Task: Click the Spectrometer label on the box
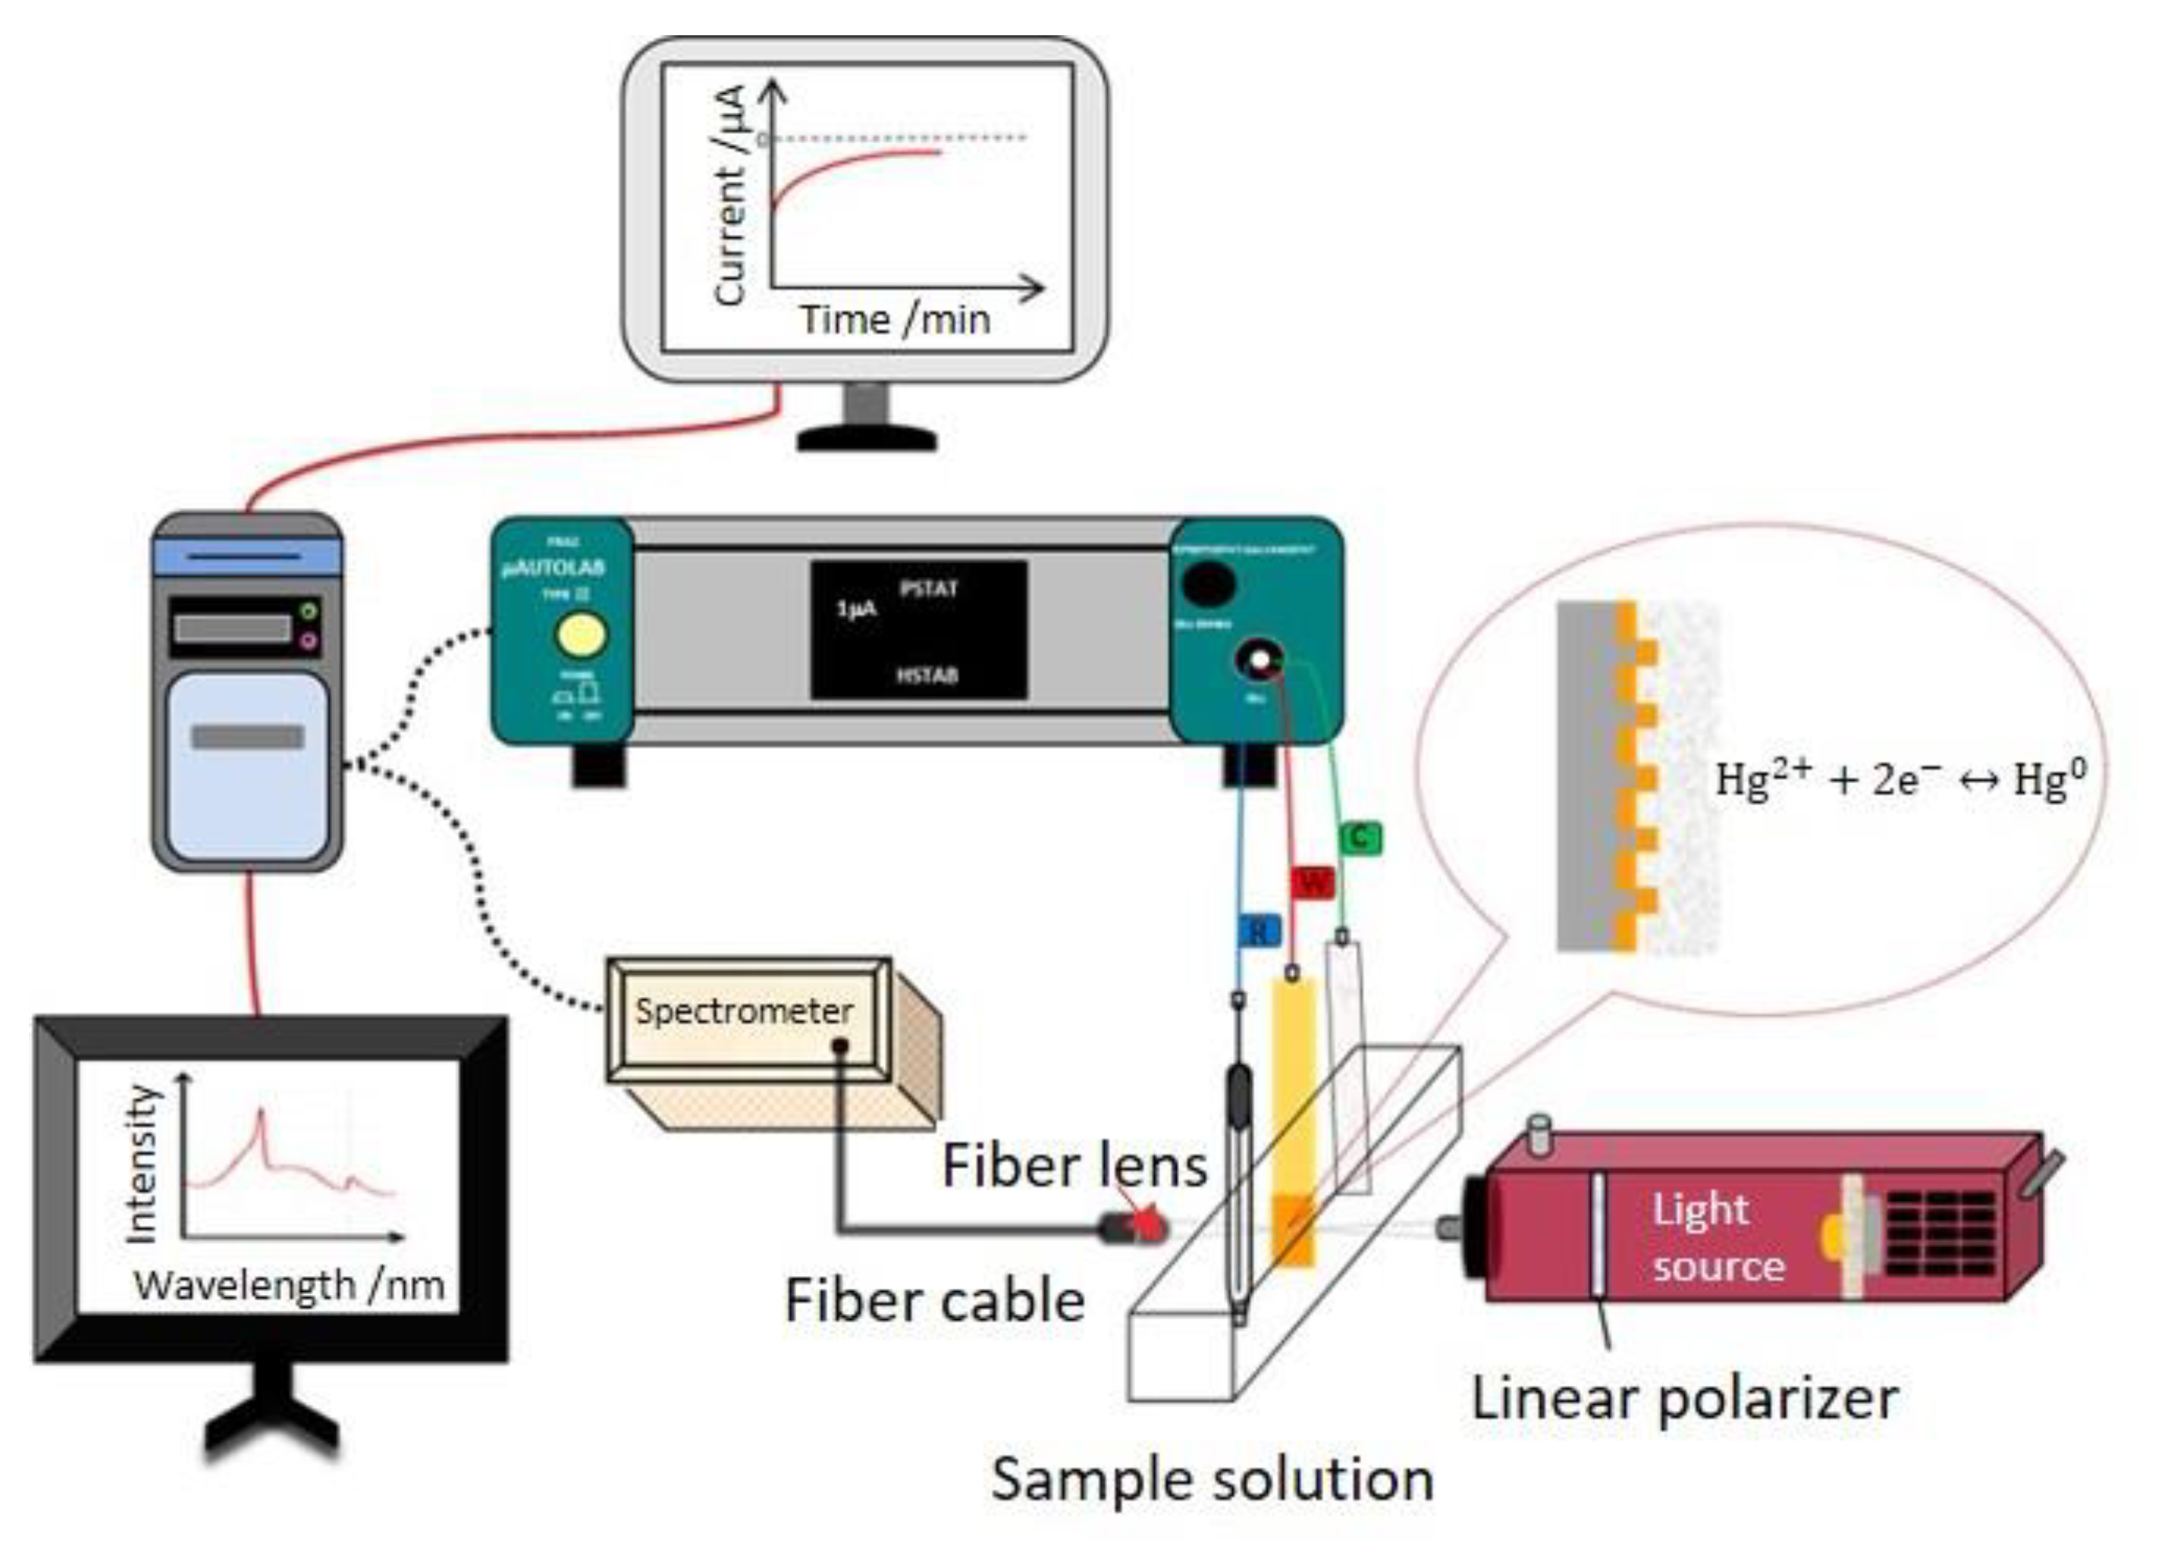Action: click(x=743, y=1011)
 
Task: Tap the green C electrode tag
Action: click(x=1360, y=838)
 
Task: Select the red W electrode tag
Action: click(x=1313, y=882)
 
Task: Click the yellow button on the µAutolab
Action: click(x=580, y=636)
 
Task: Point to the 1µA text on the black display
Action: click(x=856, y=609)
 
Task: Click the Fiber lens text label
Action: click(x=1073, y=1165)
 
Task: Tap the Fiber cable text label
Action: click(x=934, y=1301)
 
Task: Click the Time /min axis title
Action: click(x=895, y=320)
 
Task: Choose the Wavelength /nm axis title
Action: click(x=289, y=1286)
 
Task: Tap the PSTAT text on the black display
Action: click(x=928, y=589)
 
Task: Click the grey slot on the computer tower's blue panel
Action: click(x=247, y=736)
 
